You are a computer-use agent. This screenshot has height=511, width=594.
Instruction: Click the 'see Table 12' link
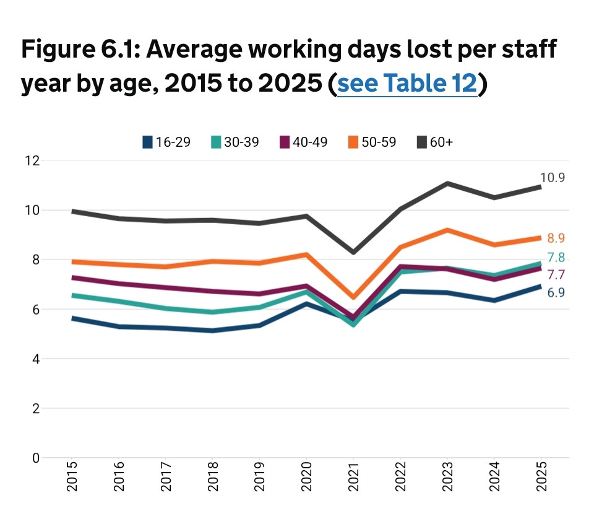pyautogui.click(x=407, y=84)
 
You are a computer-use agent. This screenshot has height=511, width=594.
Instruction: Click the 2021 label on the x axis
pyautogui.click(x=353, y=477)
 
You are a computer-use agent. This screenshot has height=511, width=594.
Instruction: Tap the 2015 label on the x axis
pyautogui.click(x=72, y=477)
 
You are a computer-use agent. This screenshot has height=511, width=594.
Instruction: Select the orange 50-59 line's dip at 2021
pyautogui.click(x=353, y=297)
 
